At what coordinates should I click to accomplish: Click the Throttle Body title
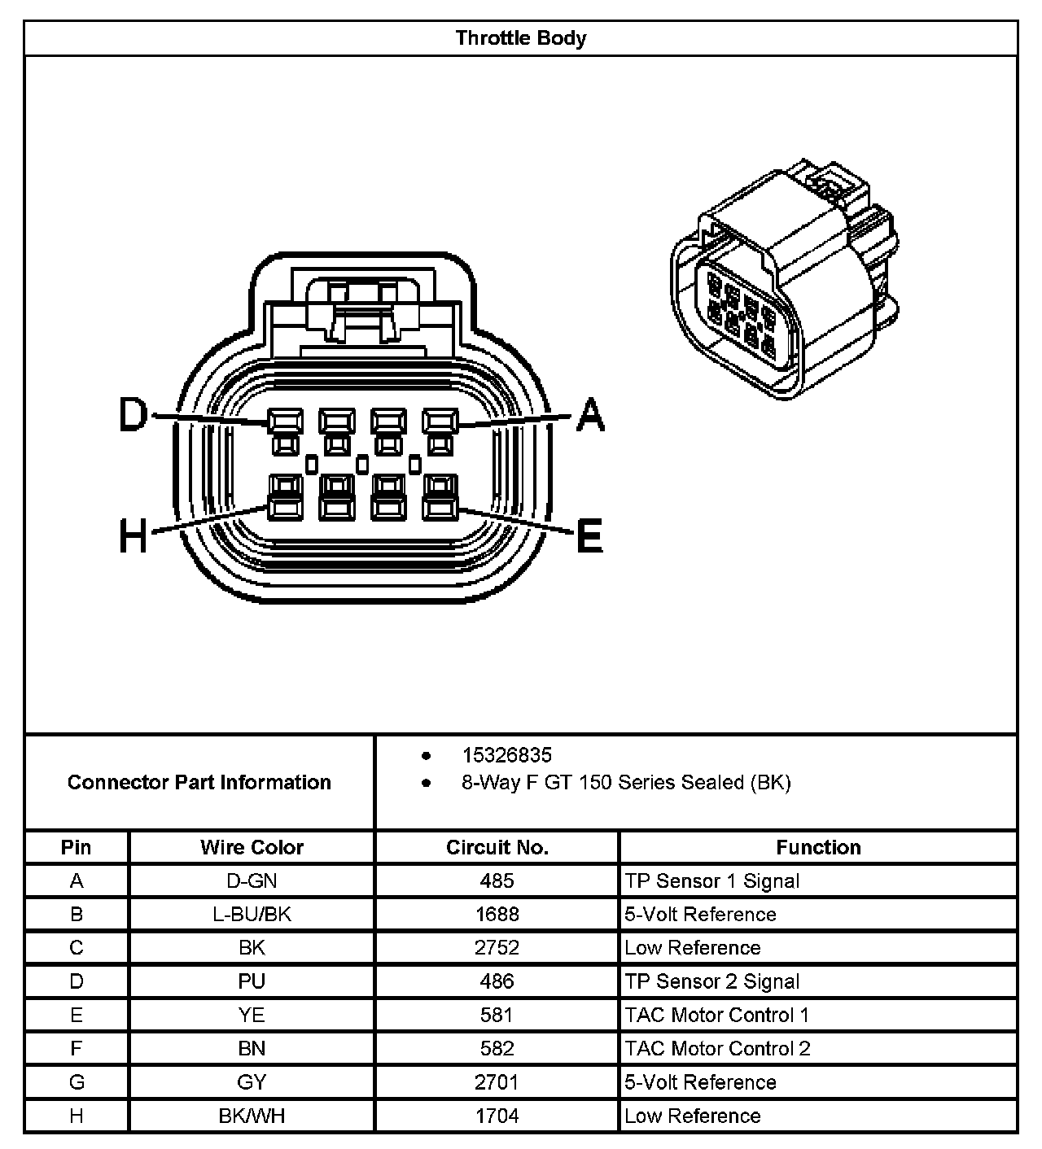[520, 38]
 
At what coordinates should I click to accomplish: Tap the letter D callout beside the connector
[133, 415]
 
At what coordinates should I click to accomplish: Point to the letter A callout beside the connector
[590, 415]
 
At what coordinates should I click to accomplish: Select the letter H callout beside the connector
[134, 536]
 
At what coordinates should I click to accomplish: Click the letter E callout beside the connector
[589, 536]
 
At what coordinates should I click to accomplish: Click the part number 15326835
[506, 755]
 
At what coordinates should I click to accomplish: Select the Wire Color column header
[252, 847]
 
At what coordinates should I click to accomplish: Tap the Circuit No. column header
[497, 847]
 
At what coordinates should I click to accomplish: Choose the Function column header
[818, 847]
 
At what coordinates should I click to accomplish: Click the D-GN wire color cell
[252, 880]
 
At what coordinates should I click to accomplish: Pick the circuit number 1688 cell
[497, 914]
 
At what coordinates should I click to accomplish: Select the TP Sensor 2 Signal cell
[712, 981]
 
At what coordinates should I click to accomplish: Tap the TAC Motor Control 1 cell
[717, 1015]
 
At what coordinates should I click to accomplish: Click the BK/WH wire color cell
[252, 1116]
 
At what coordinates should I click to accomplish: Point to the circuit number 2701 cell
[497, 1082]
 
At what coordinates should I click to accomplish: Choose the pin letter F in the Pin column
[77, 1048]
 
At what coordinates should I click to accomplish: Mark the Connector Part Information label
[199, 782]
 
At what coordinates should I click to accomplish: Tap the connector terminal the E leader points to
[440, 509]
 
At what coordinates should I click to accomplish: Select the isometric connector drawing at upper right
[786, 285]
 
